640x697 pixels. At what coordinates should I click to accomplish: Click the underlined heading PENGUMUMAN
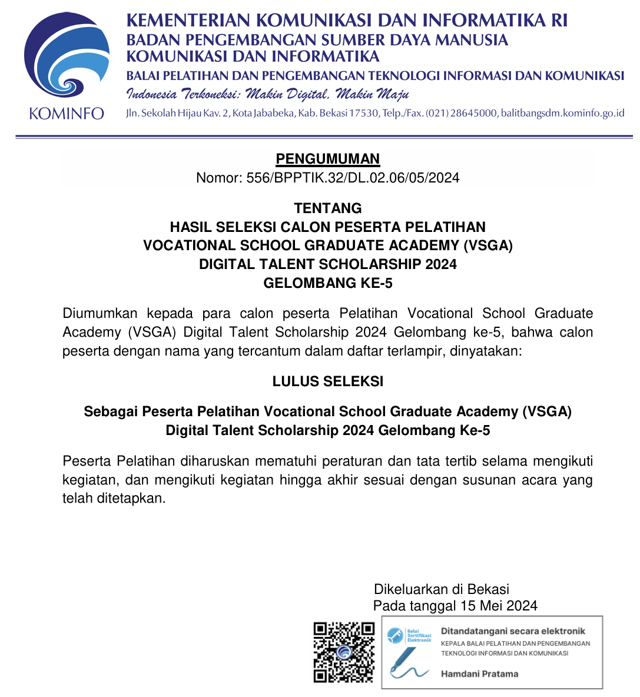(328, 159)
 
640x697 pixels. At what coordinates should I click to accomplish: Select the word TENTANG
(328, 208)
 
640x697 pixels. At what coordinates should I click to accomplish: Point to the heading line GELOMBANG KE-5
(328, 283)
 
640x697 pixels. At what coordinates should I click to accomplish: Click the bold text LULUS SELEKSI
(328, 381)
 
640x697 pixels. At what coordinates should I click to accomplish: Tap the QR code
(344, 652)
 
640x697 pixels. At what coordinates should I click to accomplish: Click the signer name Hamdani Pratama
(479, 674)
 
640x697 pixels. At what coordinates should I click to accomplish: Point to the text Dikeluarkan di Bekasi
(442, 589)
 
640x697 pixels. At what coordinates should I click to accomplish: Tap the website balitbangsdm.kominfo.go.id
(562, 113)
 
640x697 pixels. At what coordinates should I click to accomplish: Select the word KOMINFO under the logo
(67, 114)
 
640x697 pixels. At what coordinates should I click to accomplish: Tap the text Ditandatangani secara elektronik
(513, 631)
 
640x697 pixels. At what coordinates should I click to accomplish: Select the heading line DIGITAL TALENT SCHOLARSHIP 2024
(328, 264)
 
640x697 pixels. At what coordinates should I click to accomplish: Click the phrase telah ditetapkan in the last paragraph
(114, 499)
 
